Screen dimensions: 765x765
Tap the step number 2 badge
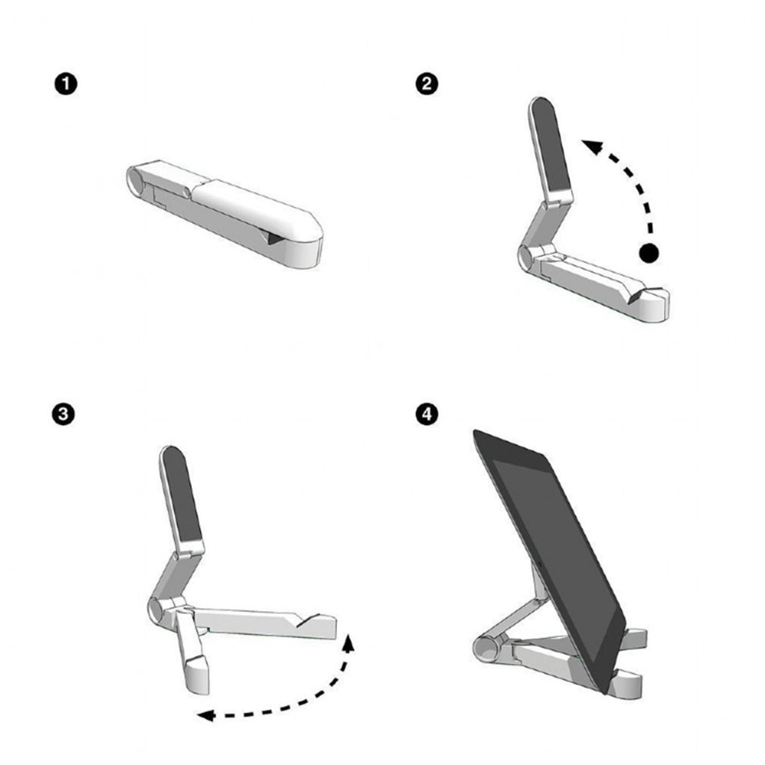click(427, 84)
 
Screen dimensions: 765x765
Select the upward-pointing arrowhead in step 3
click(349, 642)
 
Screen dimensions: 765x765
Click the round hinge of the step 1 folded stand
click(136, 180)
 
